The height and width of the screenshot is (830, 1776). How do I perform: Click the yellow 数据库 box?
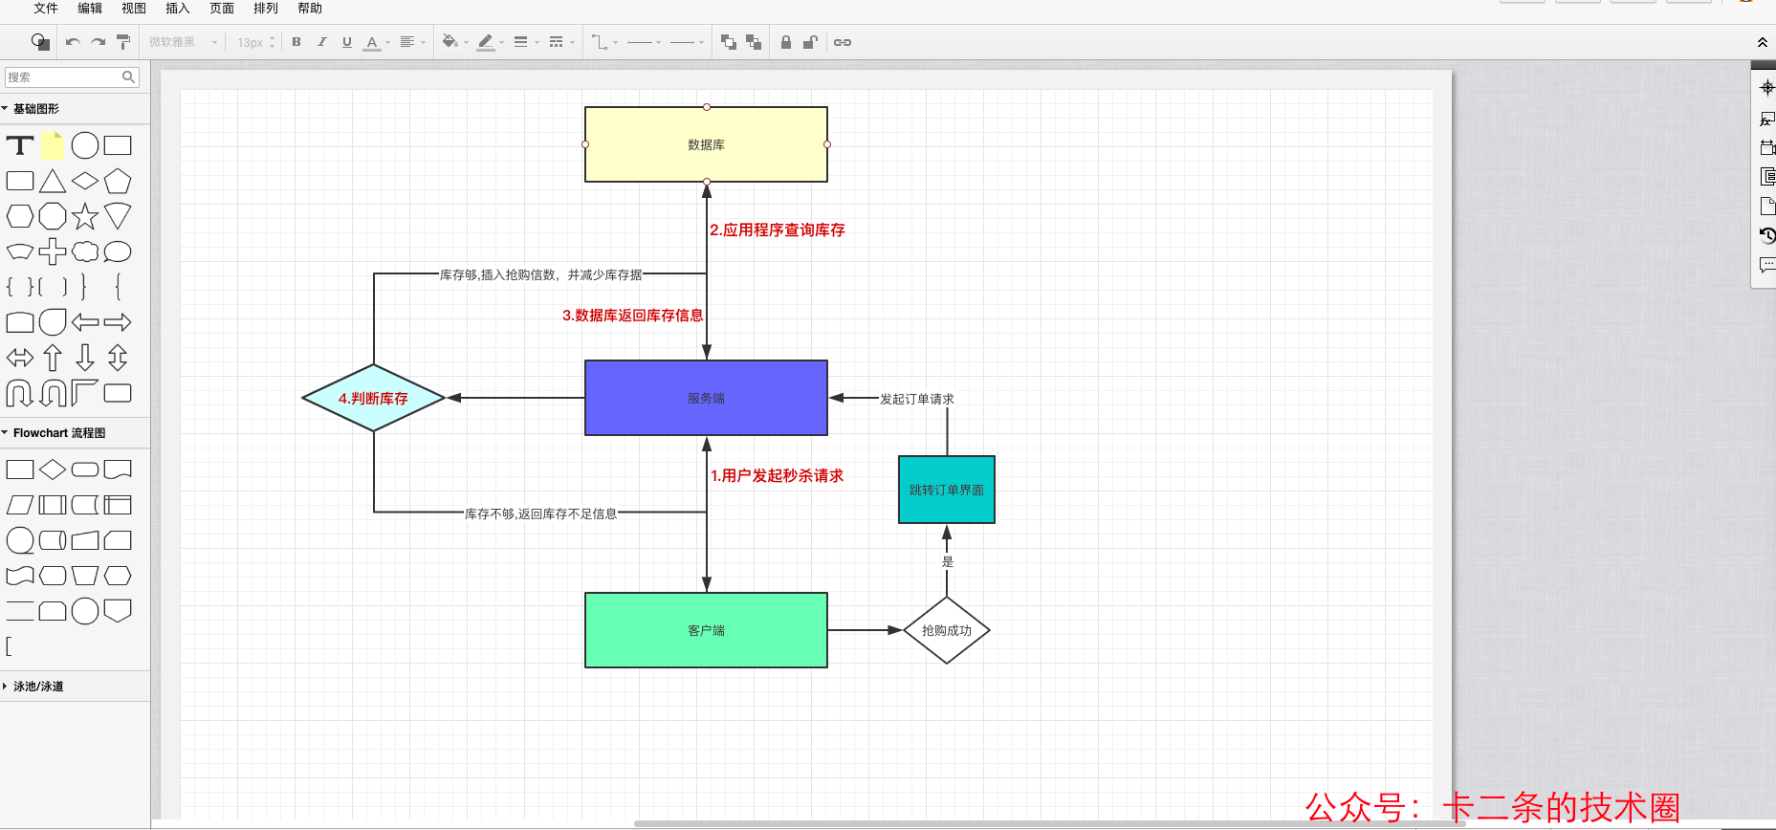tap(706, 144)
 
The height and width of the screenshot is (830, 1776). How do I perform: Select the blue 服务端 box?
tap(706, 398)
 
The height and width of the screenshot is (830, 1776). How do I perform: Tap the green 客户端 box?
tap(706, 630)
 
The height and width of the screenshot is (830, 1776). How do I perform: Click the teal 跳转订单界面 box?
tap(947, 490)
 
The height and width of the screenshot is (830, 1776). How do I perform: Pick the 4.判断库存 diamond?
tap(374, 398)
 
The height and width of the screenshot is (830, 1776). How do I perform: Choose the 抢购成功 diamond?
tap(947, 630)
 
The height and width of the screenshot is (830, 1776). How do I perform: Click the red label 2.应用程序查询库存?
tap(778, 230)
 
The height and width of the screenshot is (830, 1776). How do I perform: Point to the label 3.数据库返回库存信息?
tap(632, 316)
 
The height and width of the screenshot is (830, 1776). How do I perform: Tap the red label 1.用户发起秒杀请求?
tap(777, 476)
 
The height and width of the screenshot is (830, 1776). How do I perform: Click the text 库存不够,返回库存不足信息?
tap(541, 513)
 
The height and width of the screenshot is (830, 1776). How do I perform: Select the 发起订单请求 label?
tap(917, 399)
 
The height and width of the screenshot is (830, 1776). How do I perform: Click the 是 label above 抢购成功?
tap(948, 562)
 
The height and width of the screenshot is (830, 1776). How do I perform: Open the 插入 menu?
tap(178, 9)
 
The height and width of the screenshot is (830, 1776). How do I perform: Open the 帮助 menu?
tap(310, 9)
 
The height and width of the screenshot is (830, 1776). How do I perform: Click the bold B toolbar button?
tap(296, 42)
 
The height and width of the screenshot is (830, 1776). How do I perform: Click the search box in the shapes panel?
tap(72, 77)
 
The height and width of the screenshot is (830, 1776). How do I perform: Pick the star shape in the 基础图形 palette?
tap(85, 217)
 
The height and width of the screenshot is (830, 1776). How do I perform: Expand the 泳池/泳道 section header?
tap(38, 687)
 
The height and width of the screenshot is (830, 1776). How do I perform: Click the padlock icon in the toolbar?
tap(786, 42)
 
